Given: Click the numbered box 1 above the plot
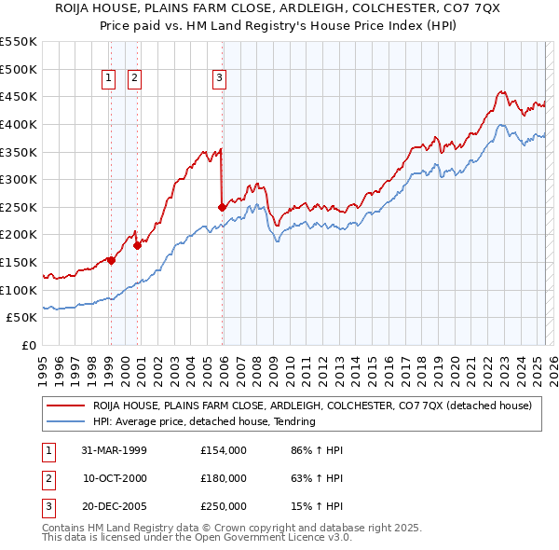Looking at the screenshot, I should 109,78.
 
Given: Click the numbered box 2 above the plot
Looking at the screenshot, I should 135,78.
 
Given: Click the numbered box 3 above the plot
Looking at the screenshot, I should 220,78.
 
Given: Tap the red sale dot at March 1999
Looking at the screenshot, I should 111,260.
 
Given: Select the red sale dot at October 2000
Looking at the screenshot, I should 137,245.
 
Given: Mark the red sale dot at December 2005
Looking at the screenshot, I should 222,207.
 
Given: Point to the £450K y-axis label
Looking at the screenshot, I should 19,96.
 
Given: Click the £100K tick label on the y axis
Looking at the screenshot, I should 19,290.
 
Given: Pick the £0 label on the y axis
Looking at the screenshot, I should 29,345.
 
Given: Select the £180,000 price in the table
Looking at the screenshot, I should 224,478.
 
